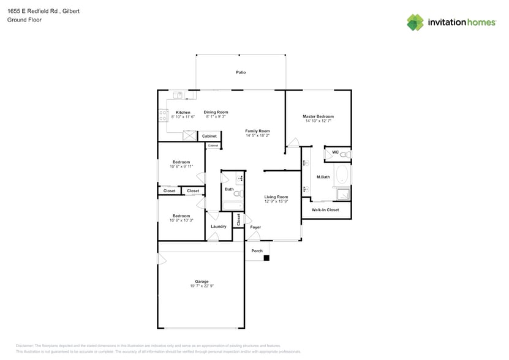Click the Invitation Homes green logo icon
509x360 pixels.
415,22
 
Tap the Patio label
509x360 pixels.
241,72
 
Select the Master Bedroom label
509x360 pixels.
318,116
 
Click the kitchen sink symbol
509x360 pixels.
178,95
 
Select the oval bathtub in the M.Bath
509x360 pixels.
342,176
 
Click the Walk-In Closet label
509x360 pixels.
325,210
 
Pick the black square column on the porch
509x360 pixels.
266,258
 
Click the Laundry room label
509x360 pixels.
218,227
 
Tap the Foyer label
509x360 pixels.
255,227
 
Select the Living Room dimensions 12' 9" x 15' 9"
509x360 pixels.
276,201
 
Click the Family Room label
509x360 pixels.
257,131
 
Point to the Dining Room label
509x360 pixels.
216,112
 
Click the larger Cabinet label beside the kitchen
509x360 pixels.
209,136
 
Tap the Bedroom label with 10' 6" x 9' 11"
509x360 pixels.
181,162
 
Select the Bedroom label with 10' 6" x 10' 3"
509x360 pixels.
181,216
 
